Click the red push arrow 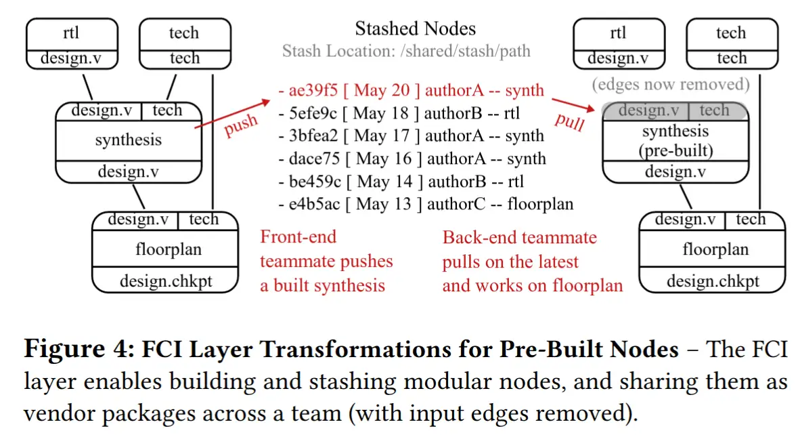click(x=232, y=114)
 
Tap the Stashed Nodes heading click(x=416, y=28)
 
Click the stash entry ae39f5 click(x=412, y=90)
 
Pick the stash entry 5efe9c click(x=399, y=113)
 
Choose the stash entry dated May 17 click(x=412, y=136)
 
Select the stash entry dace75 click(x=412, y=159)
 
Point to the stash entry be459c click(x=401, y=182)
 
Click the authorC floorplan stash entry click(x=426, y=204)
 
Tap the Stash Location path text click(x=406, y=51)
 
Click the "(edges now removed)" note click(x=671, y=84)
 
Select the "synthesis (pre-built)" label click(x=675, y=140)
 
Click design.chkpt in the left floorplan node click(x=166, y=281)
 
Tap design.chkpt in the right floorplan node click(x=713, y=281)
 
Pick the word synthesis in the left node click(x=128, y=140)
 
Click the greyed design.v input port click(x=648, y=110)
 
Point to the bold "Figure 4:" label click(x=79, y=350)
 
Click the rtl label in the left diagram click(x=71, y=33)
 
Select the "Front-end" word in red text click(x=298, y=237)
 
